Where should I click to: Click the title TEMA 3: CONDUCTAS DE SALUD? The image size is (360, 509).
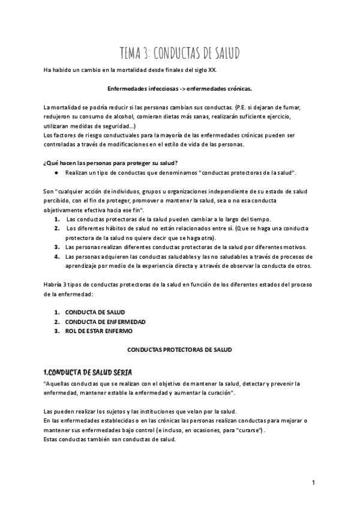click(179, 54)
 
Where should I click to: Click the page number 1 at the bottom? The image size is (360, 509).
click(314, 483)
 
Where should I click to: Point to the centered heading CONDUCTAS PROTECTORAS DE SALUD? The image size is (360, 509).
click(180, 349)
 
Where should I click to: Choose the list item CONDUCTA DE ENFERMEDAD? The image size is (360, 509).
click(105, 322)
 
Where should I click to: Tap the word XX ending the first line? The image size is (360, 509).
click(211, 70)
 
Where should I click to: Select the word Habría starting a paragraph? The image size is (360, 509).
click(53, 284)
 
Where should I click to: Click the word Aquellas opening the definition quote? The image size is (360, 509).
click(58, 383)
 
